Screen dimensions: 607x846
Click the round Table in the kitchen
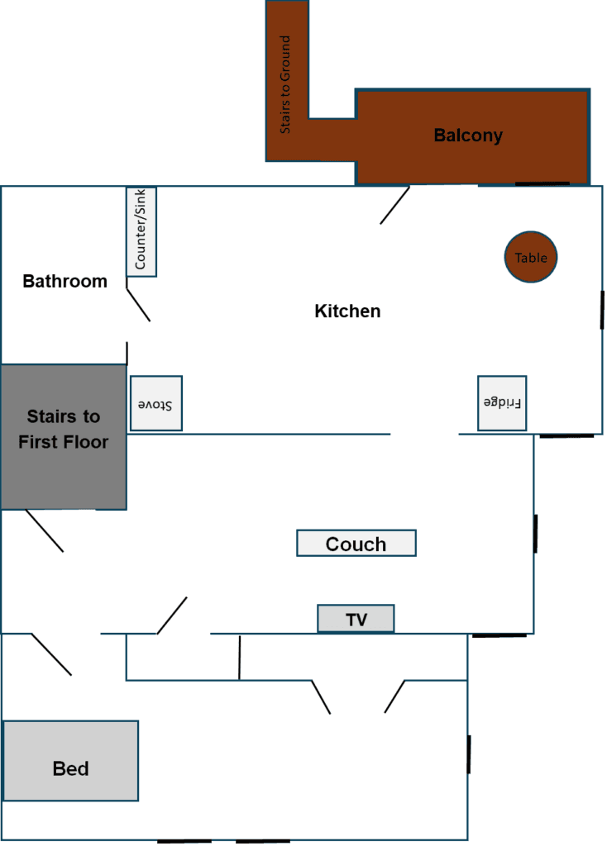530,257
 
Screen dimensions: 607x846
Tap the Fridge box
502,403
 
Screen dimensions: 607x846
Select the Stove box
156,403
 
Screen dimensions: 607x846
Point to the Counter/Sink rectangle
141,231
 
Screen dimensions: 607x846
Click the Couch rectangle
356,543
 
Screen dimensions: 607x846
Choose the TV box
356,618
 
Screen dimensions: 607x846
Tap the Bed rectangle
70,760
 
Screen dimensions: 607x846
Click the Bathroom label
65,281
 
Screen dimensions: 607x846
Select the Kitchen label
347,311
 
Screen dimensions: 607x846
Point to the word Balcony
468,135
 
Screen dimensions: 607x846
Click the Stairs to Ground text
284,84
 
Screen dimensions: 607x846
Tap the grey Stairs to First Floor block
64,436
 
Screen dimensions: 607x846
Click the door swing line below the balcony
394,205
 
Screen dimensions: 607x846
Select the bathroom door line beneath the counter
138,305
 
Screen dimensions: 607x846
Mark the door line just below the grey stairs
45,530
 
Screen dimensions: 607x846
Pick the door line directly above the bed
51,654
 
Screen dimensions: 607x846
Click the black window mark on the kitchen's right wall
602,310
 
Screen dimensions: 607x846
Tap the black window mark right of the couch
535,534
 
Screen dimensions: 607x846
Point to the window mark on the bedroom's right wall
469,753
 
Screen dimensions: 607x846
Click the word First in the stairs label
36,442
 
